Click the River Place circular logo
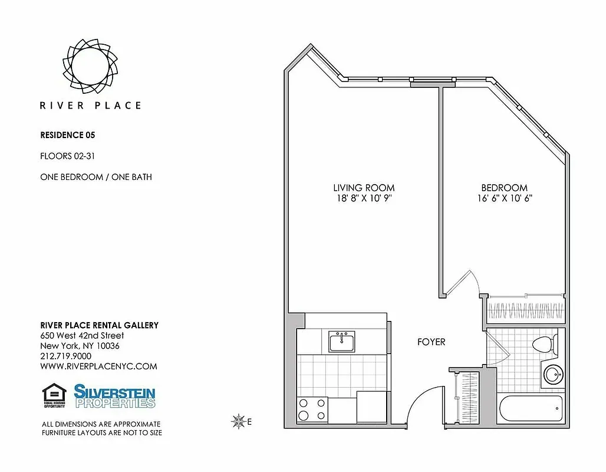(90, 64)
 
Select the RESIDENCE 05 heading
(67, 135)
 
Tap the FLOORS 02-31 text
(68, 156)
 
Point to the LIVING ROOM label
(364, 188)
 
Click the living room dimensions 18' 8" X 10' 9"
(364, 199)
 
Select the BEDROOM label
(504, 188)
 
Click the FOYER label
(431, 342)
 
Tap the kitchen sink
(342, 341)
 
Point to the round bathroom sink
(553, 374)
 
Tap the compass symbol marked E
(239, 421)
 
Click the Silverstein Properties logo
(114, 396)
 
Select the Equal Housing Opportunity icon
(54, 396)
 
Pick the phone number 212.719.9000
(65, 356)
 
